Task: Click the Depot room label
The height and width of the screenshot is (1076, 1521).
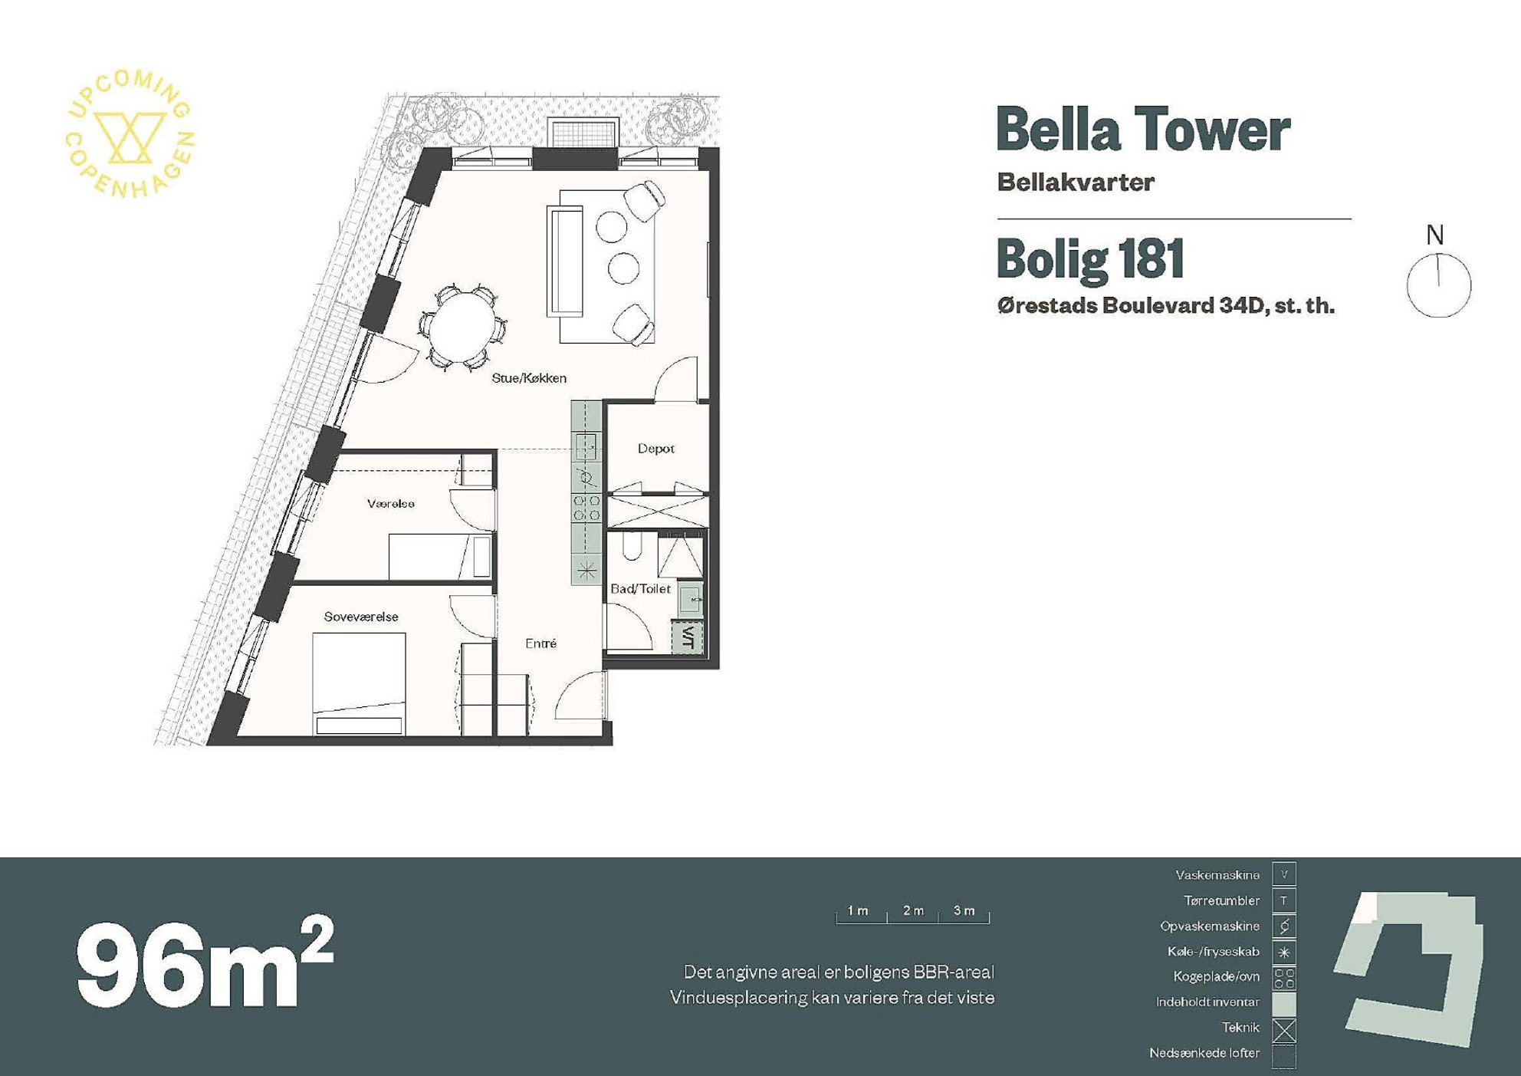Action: coord(656,449)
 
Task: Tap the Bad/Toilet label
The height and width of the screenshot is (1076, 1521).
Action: coord(640,589)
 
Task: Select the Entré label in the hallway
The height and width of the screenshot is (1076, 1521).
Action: coord(541,643)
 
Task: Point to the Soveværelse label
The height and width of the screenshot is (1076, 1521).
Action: coord(361,617)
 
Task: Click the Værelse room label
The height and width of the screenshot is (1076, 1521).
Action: coord(391,504)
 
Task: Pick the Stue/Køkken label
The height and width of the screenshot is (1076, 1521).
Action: coord(529,378)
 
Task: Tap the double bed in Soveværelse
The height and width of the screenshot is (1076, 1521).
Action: coord(359,684)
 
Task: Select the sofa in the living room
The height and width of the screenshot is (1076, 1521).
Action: coord(565,262)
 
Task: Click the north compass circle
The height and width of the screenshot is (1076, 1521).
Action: coord(1439,285)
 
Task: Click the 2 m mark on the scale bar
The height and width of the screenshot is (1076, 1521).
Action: coord(912,910)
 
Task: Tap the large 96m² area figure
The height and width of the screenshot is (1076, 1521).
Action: coord(205,962)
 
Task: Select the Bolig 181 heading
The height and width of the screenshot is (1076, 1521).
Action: coord(1090,258)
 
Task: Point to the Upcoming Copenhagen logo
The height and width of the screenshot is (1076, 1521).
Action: coord(130,133)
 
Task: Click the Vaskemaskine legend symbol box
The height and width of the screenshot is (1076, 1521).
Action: coord(1284,874)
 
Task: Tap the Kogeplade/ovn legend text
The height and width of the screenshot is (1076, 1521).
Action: coord(1216,977)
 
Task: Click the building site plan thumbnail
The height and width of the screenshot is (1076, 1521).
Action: coord(1408,969)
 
